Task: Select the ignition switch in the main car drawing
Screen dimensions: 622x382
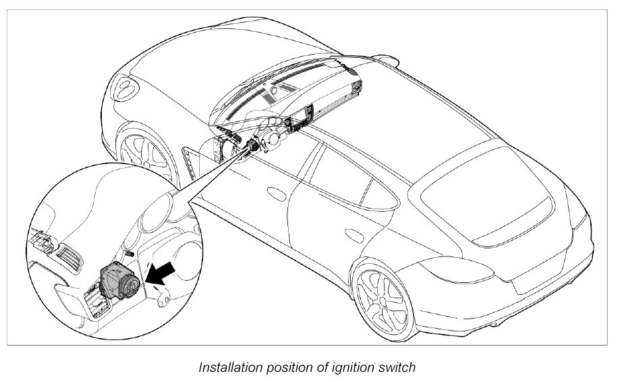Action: click(x=254, y=146)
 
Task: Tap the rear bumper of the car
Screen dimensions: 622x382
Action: click(x=540, y=283)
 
